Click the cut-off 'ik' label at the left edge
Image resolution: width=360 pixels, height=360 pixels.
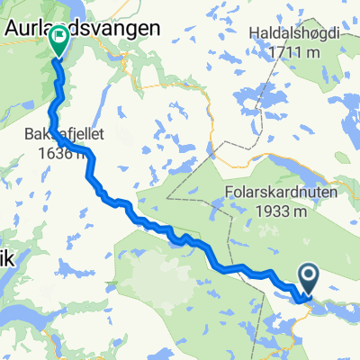7,232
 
